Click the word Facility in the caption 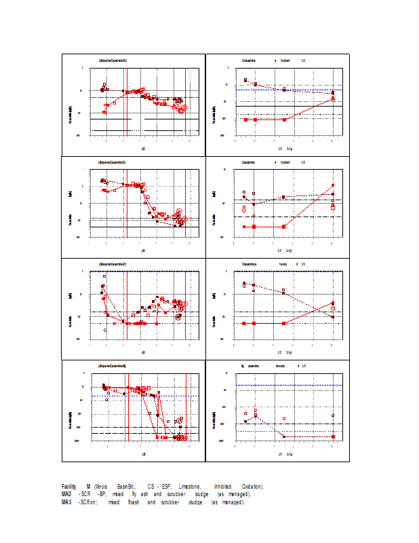(68, 487)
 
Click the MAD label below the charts (66, 494)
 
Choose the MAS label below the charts (66, 502)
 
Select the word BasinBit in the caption (126, 487)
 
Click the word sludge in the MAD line (201, 494)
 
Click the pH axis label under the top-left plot (143, 148)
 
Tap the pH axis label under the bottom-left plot (143, 453)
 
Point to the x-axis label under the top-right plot (285, 148)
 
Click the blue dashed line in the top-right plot (312, 90)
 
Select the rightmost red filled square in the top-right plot (332, 99)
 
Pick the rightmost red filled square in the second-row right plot (333, 185)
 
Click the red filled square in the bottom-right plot (333, 436)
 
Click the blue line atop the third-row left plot (143, 271)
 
